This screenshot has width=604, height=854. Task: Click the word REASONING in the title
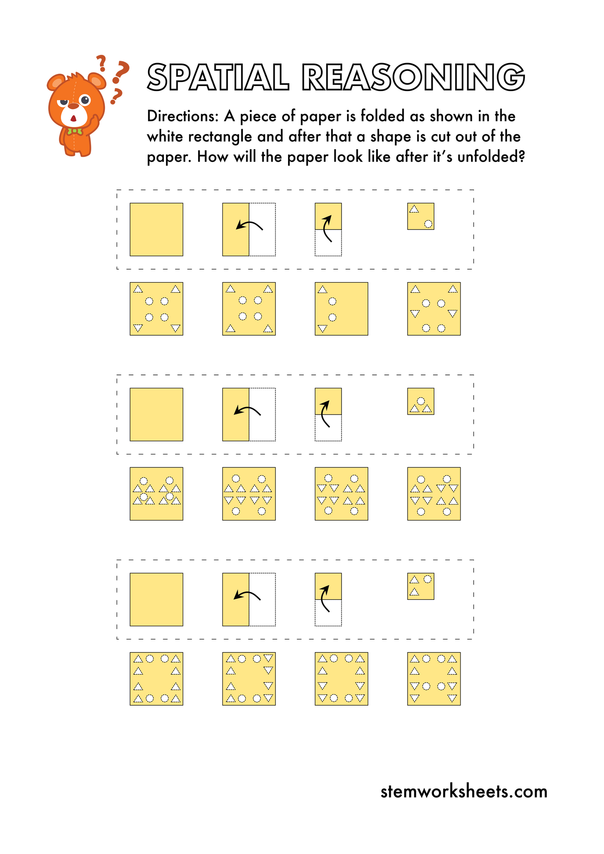coord(413,77)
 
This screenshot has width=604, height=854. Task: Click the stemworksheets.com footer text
coord(464,792)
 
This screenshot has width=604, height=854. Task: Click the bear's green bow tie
coord(75,131)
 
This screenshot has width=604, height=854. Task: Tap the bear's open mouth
coord(73,119)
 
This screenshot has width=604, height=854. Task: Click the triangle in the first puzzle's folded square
coord(414,209)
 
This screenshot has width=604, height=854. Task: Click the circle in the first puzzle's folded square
coord(428,224)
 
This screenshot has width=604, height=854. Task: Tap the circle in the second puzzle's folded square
coord(421,401)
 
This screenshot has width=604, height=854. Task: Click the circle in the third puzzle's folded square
coord(427,579)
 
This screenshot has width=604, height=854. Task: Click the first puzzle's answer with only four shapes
coord(341,309)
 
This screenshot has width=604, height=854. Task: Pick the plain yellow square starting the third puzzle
coord(156,599)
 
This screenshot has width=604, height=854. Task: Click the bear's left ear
coord(56,82)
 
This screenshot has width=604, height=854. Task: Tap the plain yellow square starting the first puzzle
coord(156,229)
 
